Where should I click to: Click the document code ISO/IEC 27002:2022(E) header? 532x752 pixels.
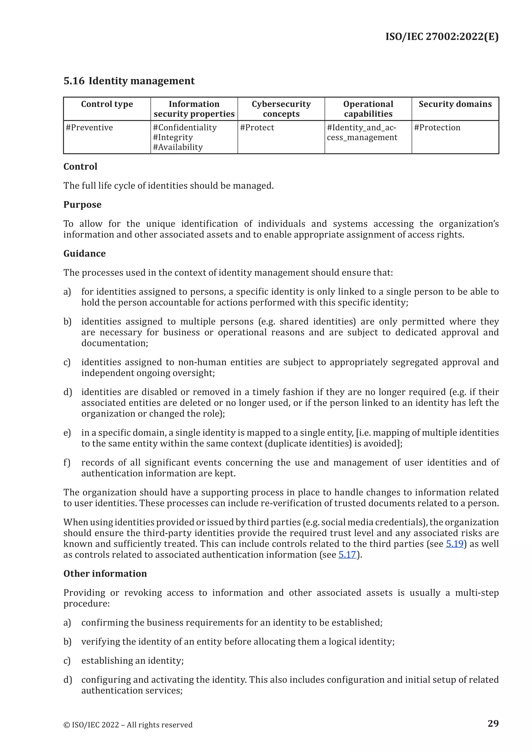point(442,37)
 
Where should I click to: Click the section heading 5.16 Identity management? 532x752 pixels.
point(129,81)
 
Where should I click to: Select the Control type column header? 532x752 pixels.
point(107,104)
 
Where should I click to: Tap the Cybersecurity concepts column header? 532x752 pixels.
point(281,109)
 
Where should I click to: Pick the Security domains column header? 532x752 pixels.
point(455,104)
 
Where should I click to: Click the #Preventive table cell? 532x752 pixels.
point(89,128)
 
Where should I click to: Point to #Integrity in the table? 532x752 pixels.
point(173,138)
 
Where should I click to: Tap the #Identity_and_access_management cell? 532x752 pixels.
point(362,133)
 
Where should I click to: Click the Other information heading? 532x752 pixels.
point(105,574)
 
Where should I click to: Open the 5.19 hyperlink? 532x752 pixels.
point(454,544)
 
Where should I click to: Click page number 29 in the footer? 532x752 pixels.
point(493,723)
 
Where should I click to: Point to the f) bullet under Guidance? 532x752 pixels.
point(67,462)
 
